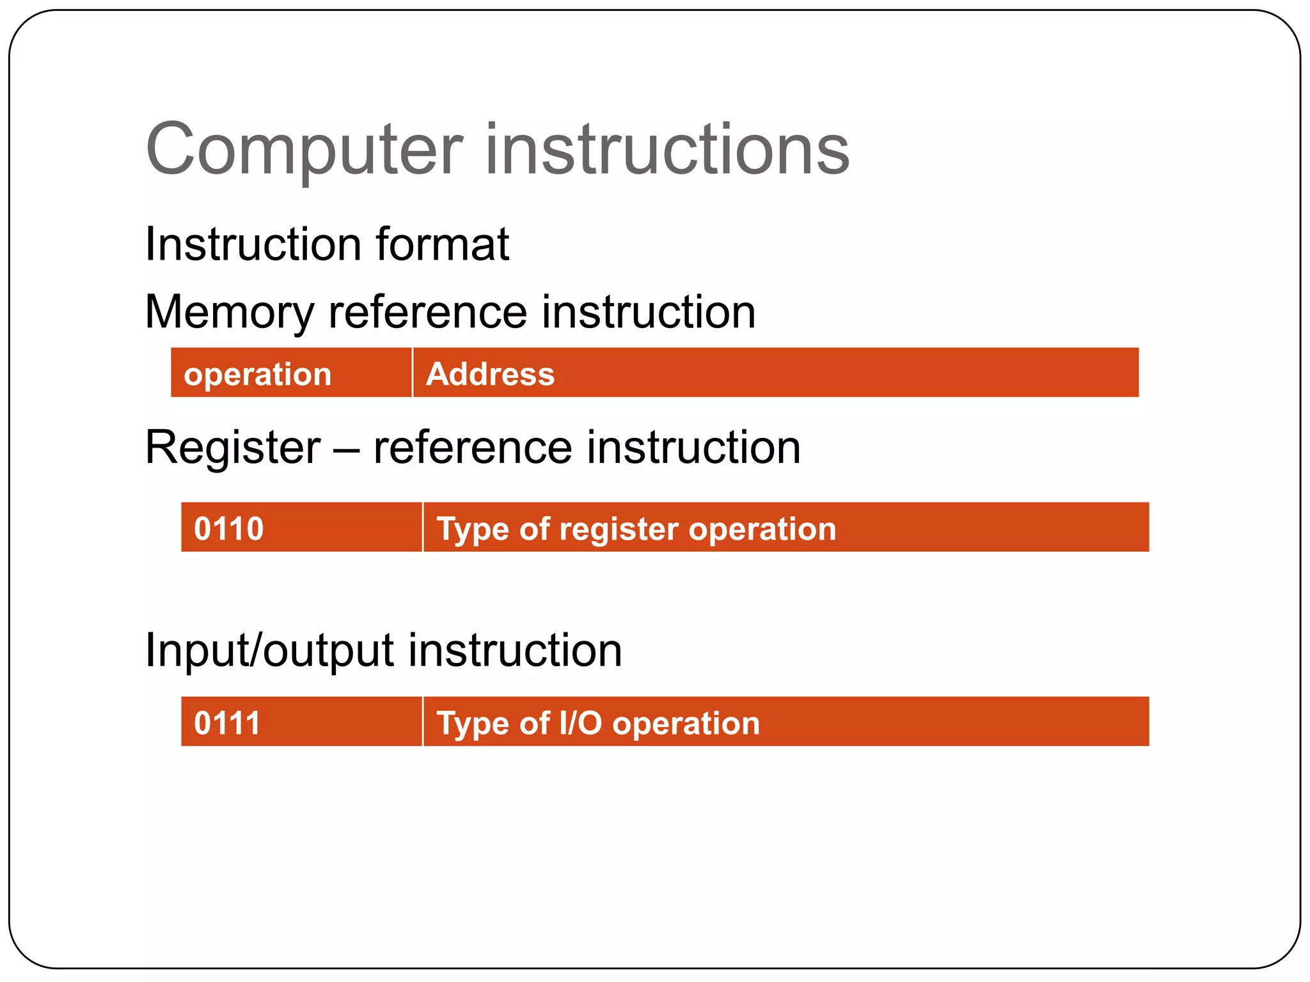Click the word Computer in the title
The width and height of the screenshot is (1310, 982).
[x=304, y=150]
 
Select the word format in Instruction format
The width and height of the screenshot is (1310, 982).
[x=442, y=244]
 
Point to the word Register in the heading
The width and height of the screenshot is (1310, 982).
[x=233, y=448]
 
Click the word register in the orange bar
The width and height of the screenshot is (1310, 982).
[x=619, y=529]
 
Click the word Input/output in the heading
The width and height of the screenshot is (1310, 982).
[x=269, y=651]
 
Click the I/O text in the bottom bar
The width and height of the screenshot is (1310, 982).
[x=580, y=723]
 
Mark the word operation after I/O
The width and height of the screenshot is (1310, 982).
[x=686, y=724]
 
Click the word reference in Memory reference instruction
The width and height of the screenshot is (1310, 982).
[x=427, y=312]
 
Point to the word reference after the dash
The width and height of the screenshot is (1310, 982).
[x=473, y=448]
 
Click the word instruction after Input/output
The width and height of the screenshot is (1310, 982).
[x=515, y=651]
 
